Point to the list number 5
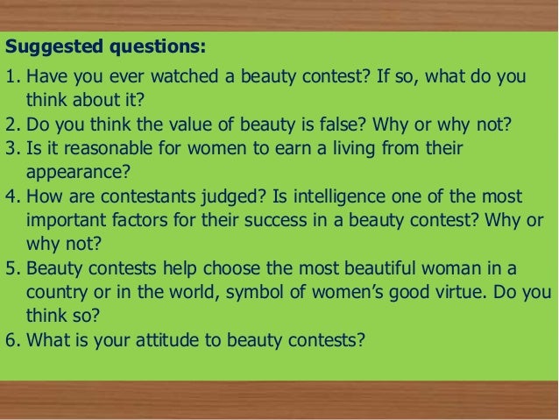coord(11,266)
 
